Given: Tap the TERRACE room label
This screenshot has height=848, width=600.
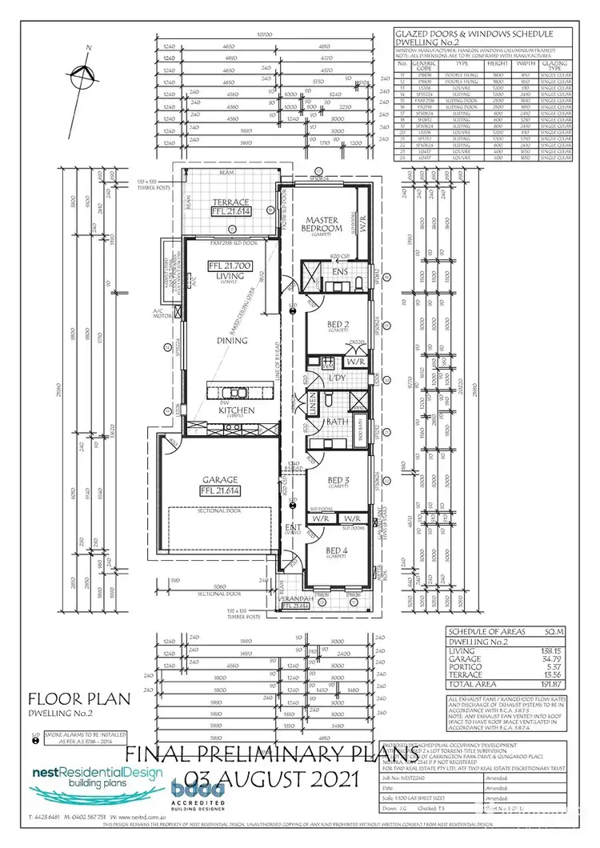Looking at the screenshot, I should click(231, 202).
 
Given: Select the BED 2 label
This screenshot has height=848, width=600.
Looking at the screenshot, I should click(325, 326).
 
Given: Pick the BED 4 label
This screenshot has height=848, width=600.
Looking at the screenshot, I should click(330, 551).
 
